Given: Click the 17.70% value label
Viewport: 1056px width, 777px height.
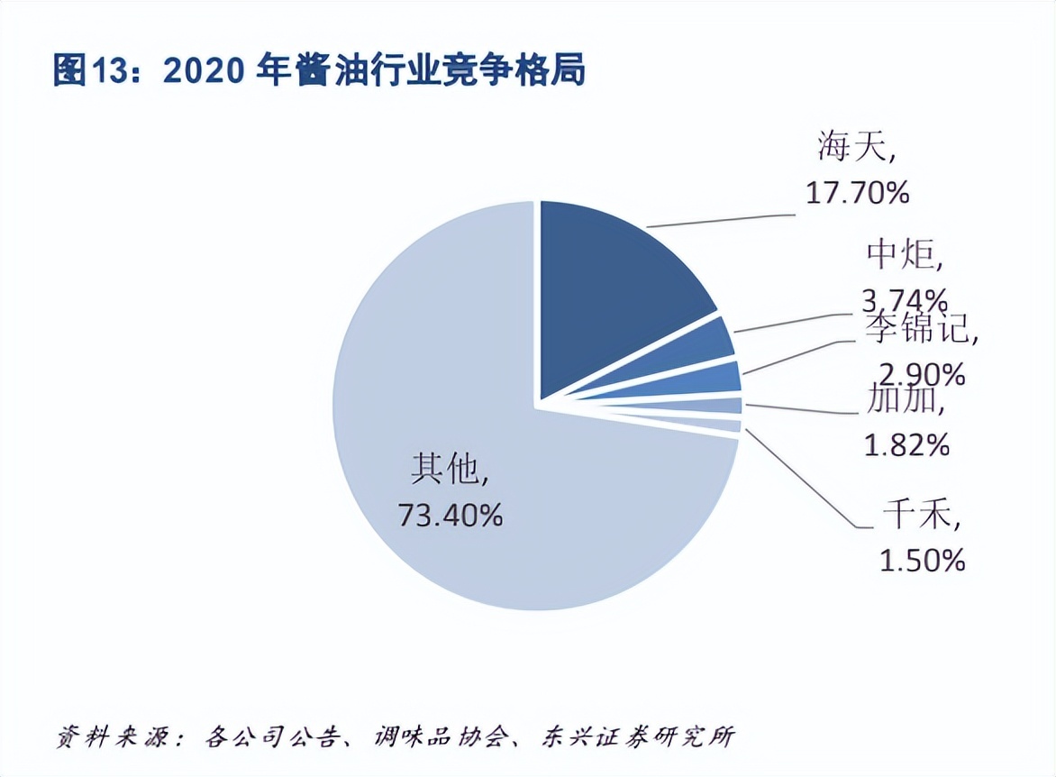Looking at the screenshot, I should pos(857,192).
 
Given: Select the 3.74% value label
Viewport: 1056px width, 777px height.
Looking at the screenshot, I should pos(903,298).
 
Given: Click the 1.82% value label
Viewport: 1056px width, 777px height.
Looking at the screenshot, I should pos(906,444).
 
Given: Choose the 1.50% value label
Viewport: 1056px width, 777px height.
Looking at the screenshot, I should pos(922,560).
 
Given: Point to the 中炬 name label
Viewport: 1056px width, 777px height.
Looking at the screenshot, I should pos(902,256).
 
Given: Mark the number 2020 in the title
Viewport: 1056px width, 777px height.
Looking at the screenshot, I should pos(203,70).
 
